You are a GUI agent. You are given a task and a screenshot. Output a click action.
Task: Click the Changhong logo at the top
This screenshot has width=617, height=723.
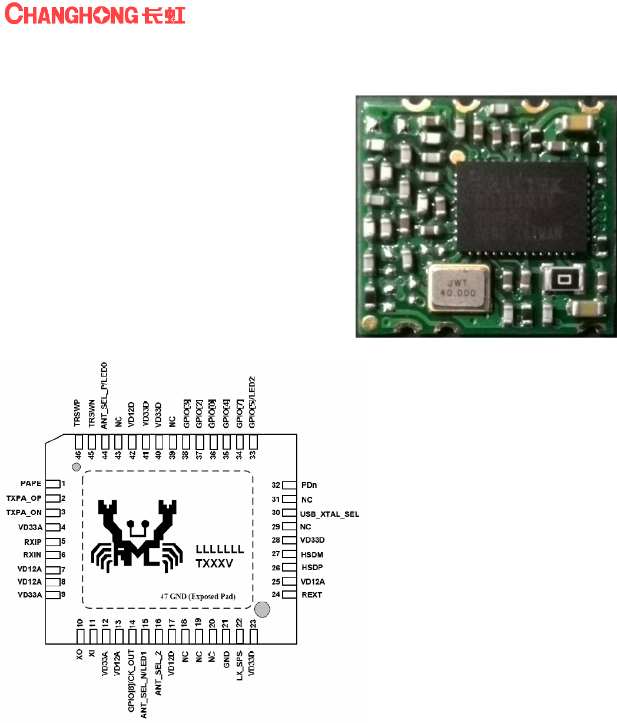tap(95, 14)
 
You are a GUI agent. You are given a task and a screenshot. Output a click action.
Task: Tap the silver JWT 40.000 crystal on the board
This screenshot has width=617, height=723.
tap(459, 287)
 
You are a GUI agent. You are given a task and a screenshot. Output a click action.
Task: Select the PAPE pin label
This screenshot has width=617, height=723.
tap(31, 484)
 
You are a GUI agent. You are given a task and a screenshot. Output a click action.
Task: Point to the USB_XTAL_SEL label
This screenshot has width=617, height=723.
tap(329, 514)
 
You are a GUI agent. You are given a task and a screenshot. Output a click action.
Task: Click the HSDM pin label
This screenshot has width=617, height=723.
tap(312, 554)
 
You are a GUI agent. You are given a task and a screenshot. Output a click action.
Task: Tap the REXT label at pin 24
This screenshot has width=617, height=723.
tap(312, 595)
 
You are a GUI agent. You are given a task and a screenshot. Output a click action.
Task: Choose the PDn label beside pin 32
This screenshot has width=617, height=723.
tap(309, 486)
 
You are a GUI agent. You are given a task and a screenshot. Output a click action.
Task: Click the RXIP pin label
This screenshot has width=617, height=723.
tap(32, 542)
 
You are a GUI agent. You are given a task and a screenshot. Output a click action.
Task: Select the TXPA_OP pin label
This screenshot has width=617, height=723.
tap(24, 498)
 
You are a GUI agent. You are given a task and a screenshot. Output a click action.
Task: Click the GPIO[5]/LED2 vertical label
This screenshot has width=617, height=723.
tap(253, 402)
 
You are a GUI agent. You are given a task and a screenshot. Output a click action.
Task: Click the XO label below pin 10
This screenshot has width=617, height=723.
tap(79, 655)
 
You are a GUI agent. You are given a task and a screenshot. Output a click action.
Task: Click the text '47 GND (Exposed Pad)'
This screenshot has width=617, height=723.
tap(198, 596)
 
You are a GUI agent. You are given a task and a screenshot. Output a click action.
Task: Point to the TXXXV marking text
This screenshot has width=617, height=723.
tap(214, 564)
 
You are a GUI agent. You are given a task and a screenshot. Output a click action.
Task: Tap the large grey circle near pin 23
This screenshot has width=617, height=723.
tap(263, 609)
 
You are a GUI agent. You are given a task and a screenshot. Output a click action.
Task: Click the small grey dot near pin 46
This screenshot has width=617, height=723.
tap(75, 467)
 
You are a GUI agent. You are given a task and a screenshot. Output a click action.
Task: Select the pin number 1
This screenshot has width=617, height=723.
tap(64, 484)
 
